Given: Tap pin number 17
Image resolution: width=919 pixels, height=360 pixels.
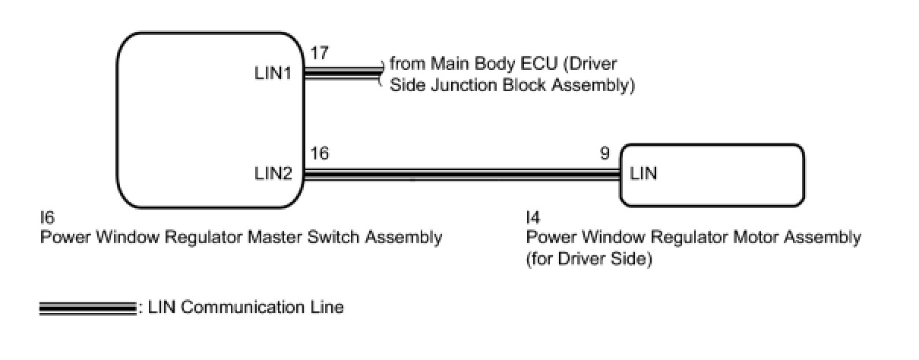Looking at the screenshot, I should (319, 54).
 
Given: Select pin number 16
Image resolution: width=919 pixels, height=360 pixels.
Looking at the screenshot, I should (319, 154).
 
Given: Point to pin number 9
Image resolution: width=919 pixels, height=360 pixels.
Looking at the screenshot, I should (605, 154).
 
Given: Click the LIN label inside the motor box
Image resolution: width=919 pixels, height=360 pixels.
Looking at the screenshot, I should (643, 173).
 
